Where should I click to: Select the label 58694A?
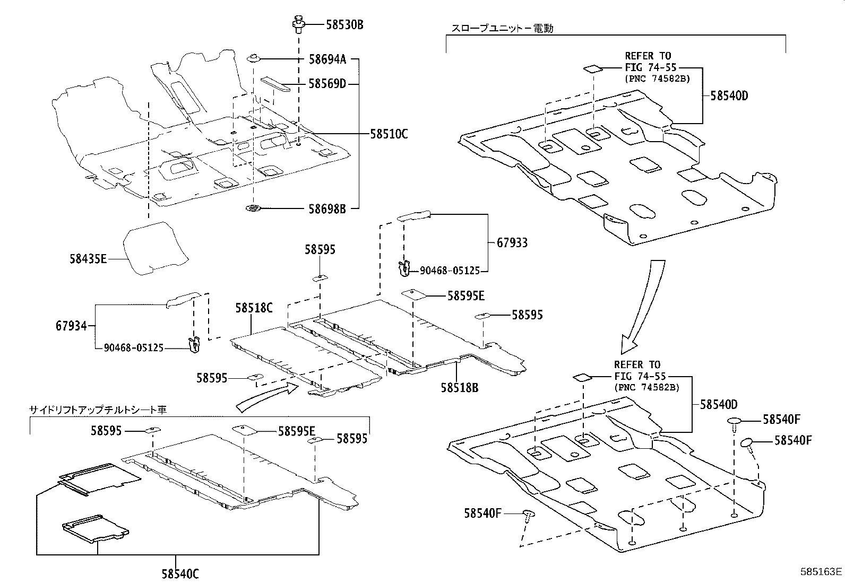tap(327, 59)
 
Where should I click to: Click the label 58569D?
tap(327, 83)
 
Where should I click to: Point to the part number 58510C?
tap(389, 134)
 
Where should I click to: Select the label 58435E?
tap(88, 259)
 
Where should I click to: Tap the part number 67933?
tap(512, 243)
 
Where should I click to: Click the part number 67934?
tap(71, 326)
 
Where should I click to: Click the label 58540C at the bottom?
tap(180, 573)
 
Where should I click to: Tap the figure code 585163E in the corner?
tap(821, 572)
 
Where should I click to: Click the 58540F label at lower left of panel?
tap(482, 513)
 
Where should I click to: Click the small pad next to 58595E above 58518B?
tap(415, 294)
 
